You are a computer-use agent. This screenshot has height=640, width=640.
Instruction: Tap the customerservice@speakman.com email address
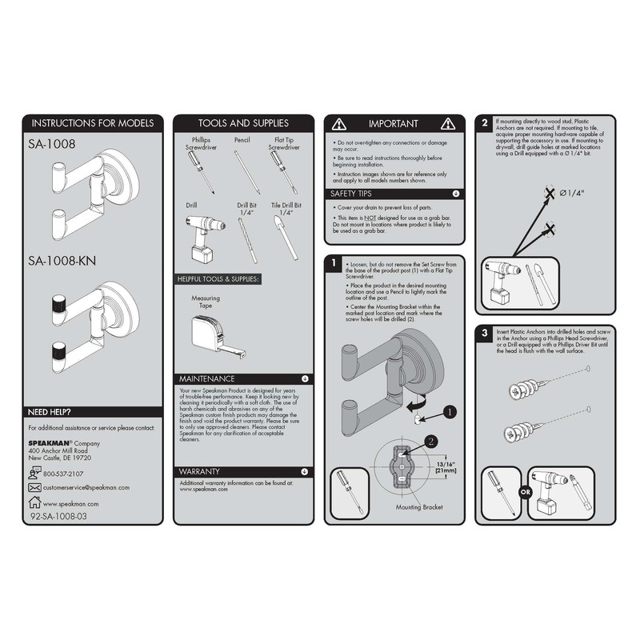click(86, 487)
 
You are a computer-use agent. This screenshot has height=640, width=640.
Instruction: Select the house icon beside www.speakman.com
click(34, 502)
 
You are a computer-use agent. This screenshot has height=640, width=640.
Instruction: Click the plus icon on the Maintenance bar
click(305, 378)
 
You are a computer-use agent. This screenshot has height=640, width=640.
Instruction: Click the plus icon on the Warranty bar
click(305, 471)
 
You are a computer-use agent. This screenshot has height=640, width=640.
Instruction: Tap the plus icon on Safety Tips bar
click(455, 194)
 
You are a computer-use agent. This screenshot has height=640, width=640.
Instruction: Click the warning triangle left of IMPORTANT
click(339, 124)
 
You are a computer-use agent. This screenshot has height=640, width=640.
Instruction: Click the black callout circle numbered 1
click(450, 412)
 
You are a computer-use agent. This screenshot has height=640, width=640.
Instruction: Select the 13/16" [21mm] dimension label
click(445, 466)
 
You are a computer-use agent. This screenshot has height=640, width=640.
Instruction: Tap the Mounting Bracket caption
click(419, 508)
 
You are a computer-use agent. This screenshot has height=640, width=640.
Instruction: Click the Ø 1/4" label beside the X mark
click(573, 193)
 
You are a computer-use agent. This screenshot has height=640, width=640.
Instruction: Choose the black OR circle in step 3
click(526, 492)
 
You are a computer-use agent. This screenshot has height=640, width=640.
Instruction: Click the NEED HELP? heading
click(50, 412)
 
